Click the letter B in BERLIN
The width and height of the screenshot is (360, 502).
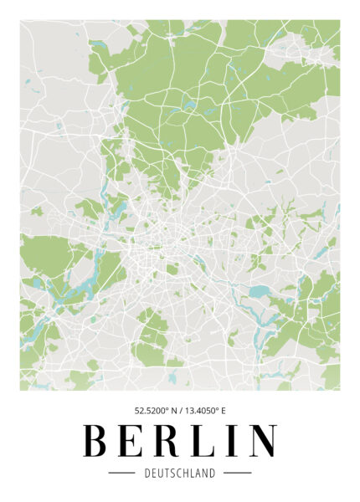tap(98, 441)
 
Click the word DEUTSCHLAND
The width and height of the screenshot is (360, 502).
tap(179, 474)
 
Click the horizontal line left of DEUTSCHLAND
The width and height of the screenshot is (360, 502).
tap(121, 474)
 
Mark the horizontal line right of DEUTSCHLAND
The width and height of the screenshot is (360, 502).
tap(238, 474)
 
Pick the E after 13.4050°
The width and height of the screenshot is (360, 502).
tap(224, 411)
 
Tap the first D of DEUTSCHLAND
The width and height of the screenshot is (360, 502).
tap(147, 474)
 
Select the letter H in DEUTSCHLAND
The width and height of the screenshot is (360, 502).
tap(188, 474)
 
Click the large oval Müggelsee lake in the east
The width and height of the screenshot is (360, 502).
tap(260, 292)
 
